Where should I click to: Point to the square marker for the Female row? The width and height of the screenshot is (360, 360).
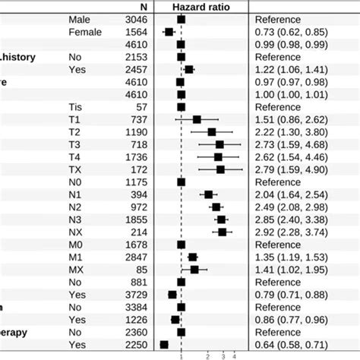(x=169, y=32)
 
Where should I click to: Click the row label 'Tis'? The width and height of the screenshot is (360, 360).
(x=74, y=107)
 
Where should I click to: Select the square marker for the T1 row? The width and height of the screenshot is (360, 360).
(x=197, y=119)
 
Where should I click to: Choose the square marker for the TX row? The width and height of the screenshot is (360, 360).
(x=220, y=169)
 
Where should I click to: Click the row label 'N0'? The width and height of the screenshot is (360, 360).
(x=75, y=182)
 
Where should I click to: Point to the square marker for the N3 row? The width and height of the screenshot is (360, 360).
(x=221, y=219)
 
